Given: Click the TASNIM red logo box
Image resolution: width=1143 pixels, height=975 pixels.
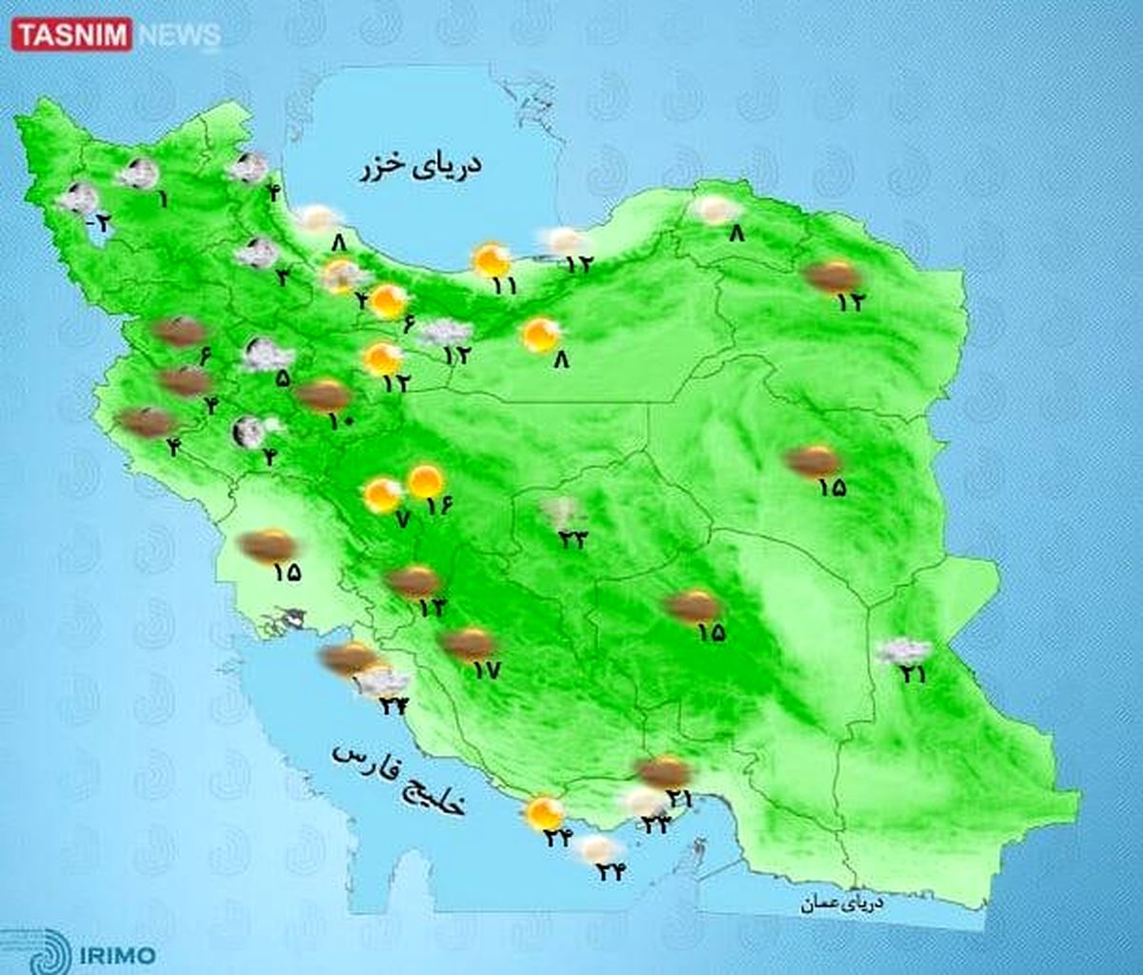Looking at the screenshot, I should tap(71, 36).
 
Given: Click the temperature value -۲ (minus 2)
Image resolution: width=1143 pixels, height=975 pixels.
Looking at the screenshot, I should tap(99, 224).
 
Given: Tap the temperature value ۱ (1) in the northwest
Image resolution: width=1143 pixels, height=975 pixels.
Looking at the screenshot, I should tap(163, 200).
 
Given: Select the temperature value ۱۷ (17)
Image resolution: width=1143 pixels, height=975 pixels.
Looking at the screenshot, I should tap(486, 670).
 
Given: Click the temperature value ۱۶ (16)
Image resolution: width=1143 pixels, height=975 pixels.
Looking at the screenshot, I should tap(437, 506).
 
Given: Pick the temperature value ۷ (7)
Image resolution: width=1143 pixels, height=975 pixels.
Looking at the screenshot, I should tap(401, 519).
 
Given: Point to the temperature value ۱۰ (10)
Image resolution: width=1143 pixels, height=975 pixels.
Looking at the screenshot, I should tap(342, 419).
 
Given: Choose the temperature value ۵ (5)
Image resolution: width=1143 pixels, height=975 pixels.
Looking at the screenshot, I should tap(283, 377).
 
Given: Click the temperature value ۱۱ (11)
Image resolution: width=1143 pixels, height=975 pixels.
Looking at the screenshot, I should tap(505, 284).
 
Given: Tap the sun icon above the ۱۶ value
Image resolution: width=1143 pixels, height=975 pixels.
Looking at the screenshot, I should tap(425, 481).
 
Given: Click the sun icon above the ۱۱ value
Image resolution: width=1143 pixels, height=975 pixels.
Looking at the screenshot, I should tap(491, 259).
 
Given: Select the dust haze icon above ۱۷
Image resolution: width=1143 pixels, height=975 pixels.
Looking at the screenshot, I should tap(469, 643).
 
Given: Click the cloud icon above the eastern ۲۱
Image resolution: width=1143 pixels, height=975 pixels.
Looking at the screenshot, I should tap(903, 651).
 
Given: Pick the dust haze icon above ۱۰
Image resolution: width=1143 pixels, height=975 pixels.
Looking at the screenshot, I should tap(324, 394).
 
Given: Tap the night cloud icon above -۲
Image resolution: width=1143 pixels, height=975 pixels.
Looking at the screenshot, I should tap(78, 198).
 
